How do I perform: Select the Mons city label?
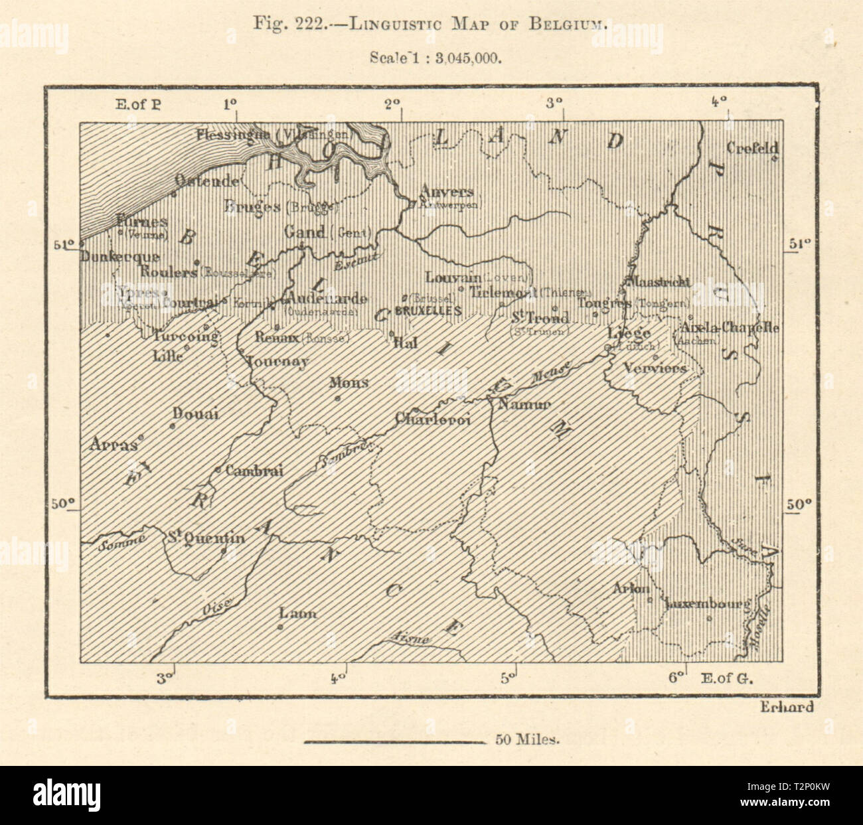click(349, 383)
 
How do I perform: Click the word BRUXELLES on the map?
click(428, 311)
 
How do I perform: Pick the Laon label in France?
click(298, 613)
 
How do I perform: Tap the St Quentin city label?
click(206, 538)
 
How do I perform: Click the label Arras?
click(113, 445)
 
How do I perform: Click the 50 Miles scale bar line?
click(395, 741)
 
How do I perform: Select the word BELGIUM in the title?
click(569, 25)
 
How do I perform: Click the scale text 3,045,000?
click(465, 56)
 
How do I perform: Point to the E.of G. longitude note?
click(729, 678)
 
